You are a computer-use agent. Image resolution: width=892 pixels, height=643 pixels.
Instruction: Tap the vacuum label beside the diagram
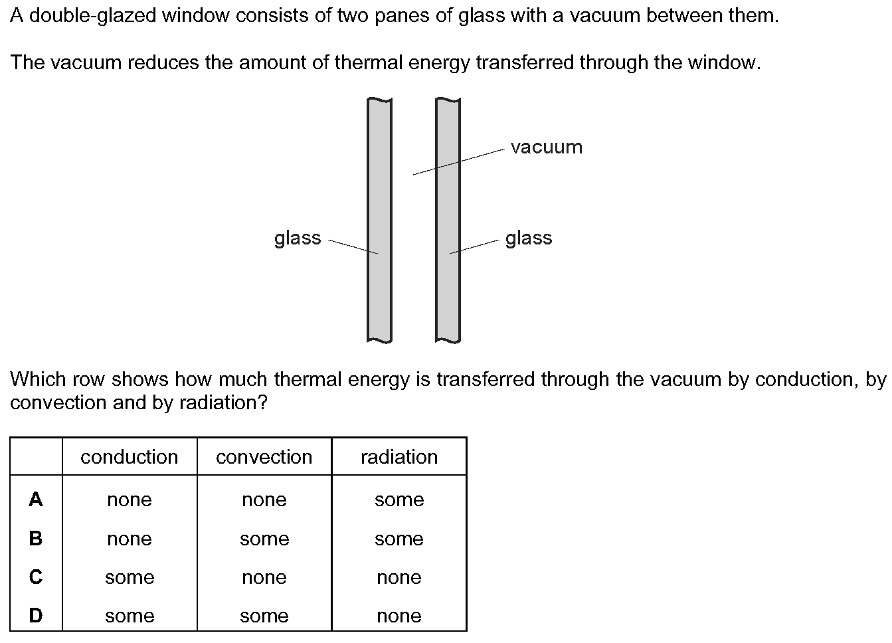(546, 147)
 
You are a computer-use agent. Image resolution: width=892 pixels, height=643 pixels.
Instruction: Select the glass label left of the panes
(297, 238)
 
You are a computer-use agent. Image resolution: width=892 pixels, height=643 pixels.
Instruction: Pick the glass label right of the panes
(528, 238)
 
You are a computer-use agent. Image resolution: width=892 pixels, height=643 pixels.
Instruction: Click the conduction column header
(130, 457)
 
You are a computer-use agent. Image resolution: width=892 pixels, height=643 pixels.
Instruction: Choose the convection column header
(264, 457)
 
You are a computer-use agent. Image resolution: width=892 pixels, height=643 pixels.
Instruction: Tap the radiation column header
(399, 457)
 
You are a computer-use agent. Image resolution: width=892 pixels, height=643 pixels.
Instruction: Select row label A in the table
(36, 500)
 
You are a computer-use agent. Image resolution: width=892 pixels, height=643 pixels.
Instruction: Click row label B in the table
(36, 538)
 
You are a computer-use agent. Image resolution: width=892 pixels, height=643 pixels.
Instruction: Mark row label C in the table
(36, 577)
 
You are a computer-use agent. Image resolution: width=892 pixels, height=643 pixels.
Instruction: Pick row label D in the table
(36, 616)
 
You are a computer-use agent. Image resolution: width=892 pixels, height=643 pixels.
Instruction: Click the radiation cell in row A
(399, 500)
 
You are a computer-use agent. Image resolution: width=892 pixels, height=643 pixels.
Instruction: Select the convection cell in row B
(264, 539)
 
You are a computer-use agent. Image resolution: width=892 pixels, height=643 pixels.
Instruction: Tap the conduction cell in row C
(130, 577)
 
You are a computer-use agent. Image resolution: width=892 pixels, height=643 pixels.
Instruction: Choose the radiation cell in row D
(399, 616)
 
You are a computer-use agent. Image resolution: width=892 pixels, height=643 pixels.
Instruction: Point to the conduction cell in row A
(130, 500)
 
